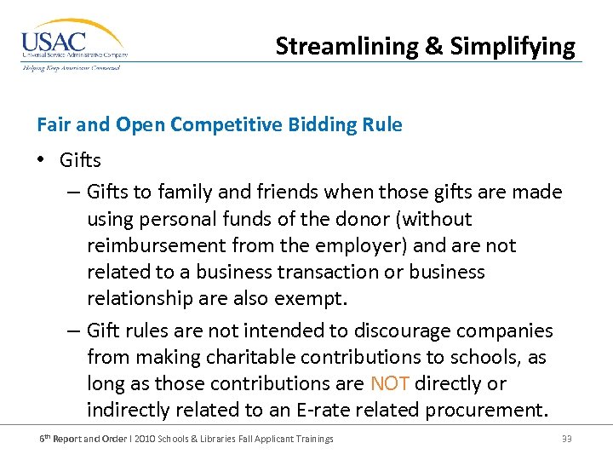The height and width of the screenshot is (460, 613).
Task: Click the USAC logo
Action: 72,44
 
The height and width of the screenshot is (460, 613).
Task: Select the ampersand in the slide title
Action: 433,46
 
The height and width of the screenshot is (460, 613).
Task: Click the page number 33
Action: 566,439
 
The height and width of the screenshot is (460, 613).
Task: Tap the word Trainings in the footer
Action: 312,439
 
